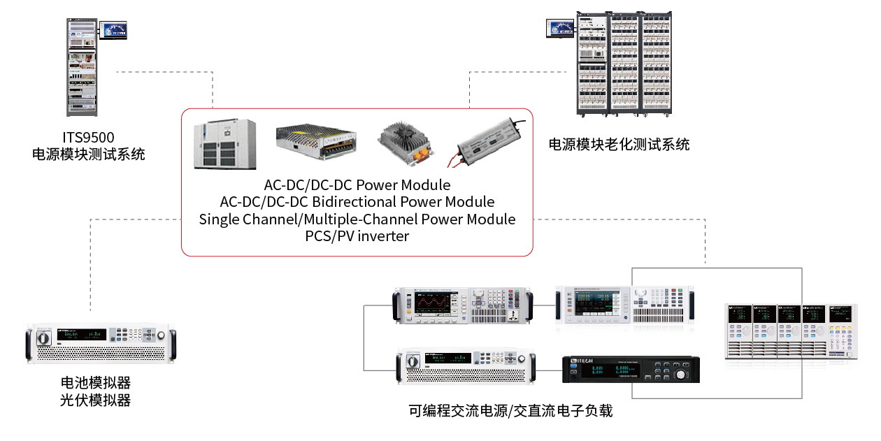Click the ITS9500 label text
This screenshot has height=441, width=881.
coord(88,138)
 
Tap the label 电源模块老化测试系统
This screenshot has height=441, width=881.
coord(619,145)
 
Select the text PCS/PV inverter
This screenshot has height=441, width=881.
coord(357,236)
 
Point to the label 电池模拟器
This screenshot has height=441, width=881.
coord(96,383)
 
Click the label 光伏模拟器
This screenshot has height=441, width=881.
coord(96,400)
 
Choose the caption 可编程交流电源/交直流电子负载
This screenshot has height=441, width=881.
coord(510,411)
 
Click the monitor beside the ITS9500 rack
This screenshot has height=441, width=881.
coord(113,29)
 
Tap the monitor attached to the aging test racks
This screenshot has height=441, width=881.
coord(560,28)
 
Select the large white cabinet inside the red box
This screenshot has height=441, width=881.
coord(225,145)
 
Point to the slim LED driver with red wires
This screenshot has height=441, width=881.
coord(487,141)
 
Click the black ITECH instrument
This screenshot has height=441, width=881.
coord(631,370)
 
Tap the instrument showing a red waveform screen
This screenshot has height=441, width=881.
coord(463,305)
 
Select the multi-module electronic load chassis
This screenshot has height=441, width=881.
coord(790,331)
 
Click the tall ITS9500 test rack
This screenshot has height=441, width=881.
coord(83,66)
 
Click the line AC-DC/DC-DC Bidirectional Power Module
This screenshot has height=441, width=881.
coord(357,202)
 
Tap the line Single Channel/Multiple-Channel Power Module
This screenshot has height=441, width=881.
coord(357,219)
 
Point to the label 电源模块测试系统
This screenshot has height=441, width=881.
coord(88,154)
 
